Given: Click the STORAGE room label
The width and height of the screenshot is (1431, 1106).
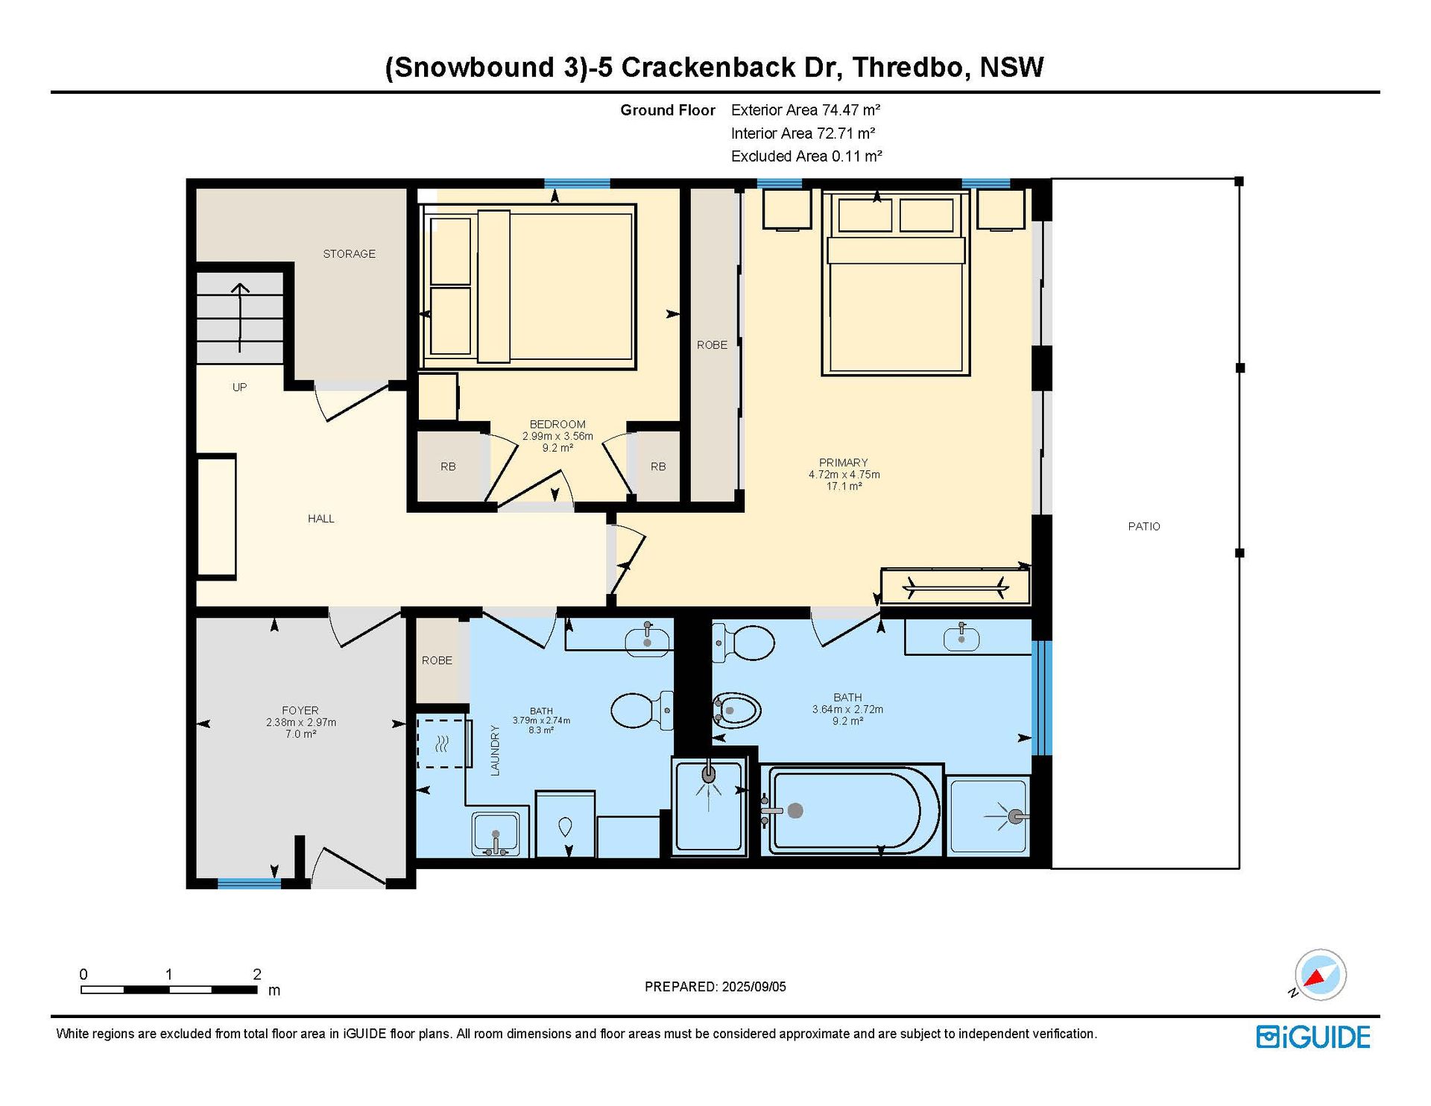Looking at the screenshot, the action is (x=349, y=254).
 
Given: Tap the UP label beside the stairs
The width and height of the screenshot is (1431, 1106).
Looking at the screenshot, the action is (x=239, y=388).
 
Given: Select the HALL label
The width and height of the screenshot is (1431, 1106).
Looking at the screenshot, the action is (x=321, y=519).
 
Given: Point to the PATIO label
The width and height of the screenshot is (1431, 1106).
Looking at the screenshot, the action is (x=1144, y=526).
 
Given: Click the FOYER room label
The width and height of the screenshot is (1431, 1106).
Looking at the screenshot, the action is (x=300, y=710).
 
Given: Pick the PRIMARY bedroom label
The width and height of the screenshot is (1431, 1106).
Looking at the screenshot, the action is (x=844, y=462).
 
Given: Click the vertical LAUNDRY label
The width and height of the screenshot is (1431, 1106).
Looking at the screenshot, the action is (x=495, y=750).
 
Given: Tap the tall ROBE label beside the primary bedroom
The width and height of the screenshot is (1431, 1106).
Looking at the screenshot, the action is (x=712, y=345).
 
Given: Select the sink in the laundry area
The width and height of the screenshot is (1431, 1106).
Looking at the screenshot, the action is (x=496, y=834).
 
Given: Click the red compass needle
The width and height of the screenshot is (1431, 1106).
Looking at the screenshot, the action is (x=1315, y=978).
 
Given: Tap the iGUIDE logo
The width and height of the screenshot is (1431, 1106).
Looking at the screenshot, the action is (x=1313, y=1037).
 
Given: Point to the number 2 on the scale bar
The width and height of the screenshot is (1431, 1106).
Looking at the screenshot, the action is (x=257, y=974).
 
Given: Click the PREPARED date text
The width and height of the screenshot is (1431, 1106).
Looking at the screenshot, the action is (x=715, y=987).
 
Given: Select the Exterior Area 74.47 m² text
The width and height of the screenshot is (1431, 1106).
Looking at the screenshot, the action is (x=806, y=110).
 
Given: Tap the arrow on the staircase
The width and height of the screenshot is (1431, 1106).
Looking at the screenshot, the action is (x=239, y=317).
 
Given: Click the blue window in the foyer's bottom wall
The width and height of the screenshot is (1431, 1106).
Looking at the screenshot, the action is (x=249, y=884).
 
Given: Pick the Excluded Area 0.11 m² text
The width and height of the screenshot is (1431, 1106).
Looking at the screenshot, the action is (x=806, y=157).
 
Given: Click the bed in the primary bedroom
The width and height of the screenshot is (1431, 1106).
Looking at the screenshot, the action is (x=896, y=282).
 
